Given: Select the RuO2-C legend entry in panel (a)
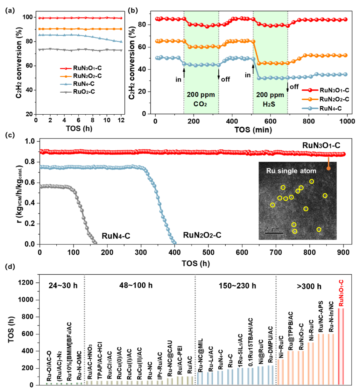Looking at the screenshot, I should click(x=84, y=92).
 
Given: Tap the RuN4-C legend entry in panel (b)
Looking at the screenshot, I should click(x=330, y=109).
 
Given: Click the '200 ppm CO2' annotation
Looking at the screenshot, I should click(x=201, y=99).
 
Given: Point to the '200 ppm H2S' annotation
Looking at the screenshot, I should click(x=270, y=99).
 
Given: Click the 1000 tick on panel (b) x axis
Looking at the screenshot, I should click(x=347, y=121).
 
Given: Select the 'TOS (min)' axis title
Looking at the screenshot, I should click(x=253, y=130).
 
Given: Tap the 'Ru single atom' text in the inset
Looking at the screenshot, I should click(x=291, y=171).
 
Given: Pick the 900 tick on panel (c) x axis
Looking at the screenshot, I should click(x=343, y=252).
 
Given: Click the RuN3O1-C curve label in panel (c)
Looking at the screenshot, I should click(x=321, y=145).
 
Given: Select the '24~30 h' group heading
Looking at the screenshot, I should click(x=63, y=285).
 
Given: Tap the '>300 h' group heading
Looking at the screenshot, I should click(x=309, y=286).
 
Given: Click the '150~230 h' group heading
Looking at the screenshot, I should click(x=237, y=286).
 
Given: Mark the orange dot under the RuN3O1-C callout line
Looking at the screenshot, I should click(x=328, y=168).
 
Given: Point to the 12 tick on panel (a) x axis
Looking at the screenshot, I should click(x=121, y=120).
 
